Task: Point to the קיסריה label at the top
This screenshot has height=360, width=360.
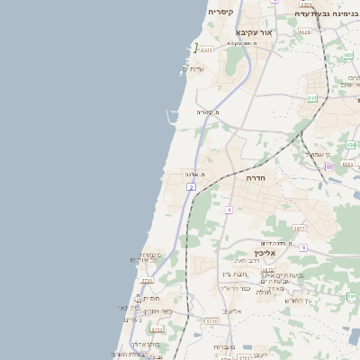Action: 220,12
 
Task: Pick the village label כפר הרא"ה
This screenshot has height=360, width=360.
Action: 235,288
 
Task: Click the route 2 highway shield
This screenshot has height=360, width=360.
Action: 191,186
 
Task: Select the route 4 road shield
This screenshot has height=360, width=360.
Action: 229,210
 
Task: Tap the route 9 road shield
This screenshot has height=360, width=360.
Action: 304,247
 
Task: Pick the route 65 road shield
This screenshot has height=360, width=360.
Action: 329,166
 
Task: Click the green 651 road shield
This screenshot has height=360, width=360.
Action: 312,97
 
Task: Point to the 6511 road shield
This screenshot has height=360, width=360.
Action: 209,50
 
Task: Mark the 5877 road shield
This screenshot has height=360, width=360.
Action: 300,229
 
